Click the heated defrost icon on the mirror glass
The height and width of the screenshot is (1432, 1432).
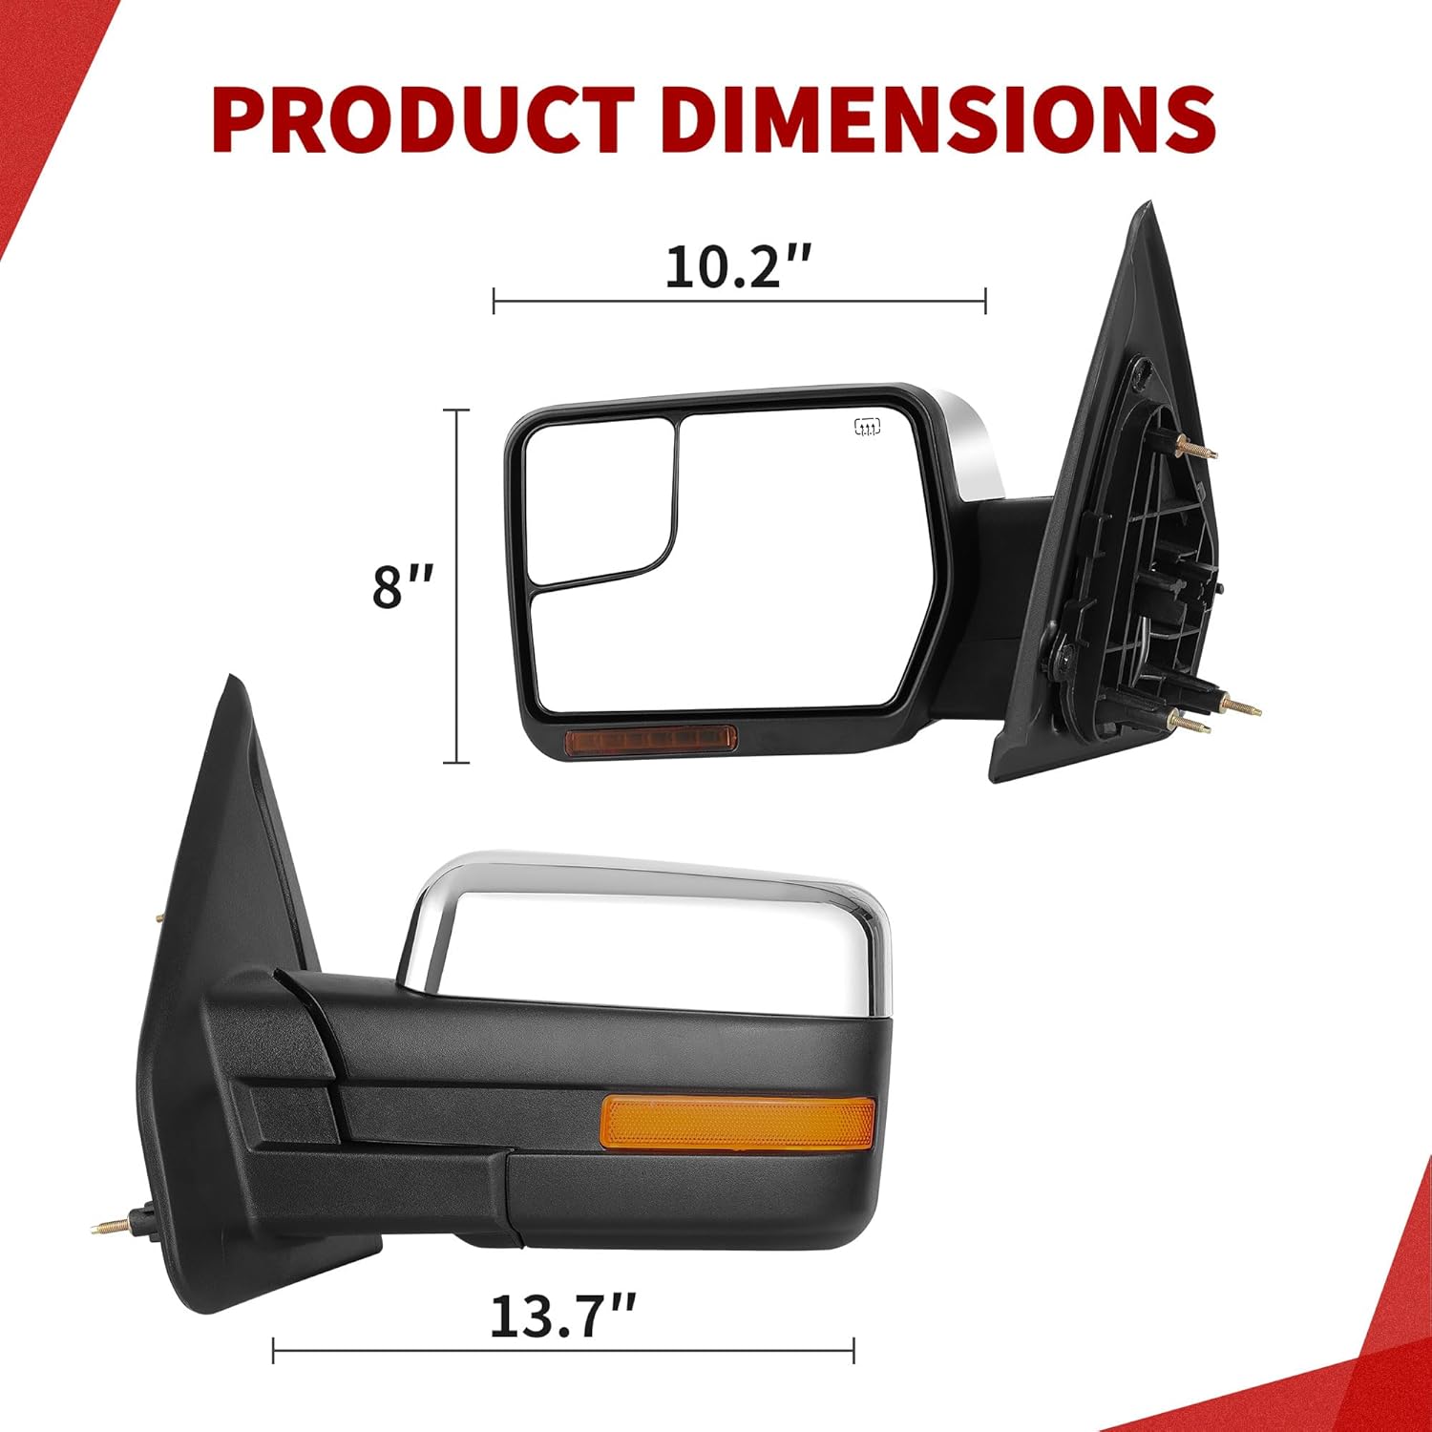point(867,427)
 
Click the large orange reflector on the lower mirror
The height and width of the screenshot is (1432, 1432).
point(737,1123)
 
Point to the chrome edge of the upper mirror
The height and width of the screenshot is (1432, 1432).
point(974,439)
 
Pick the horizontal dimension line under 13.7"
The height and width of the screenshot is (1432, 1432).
point(563,1351)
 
